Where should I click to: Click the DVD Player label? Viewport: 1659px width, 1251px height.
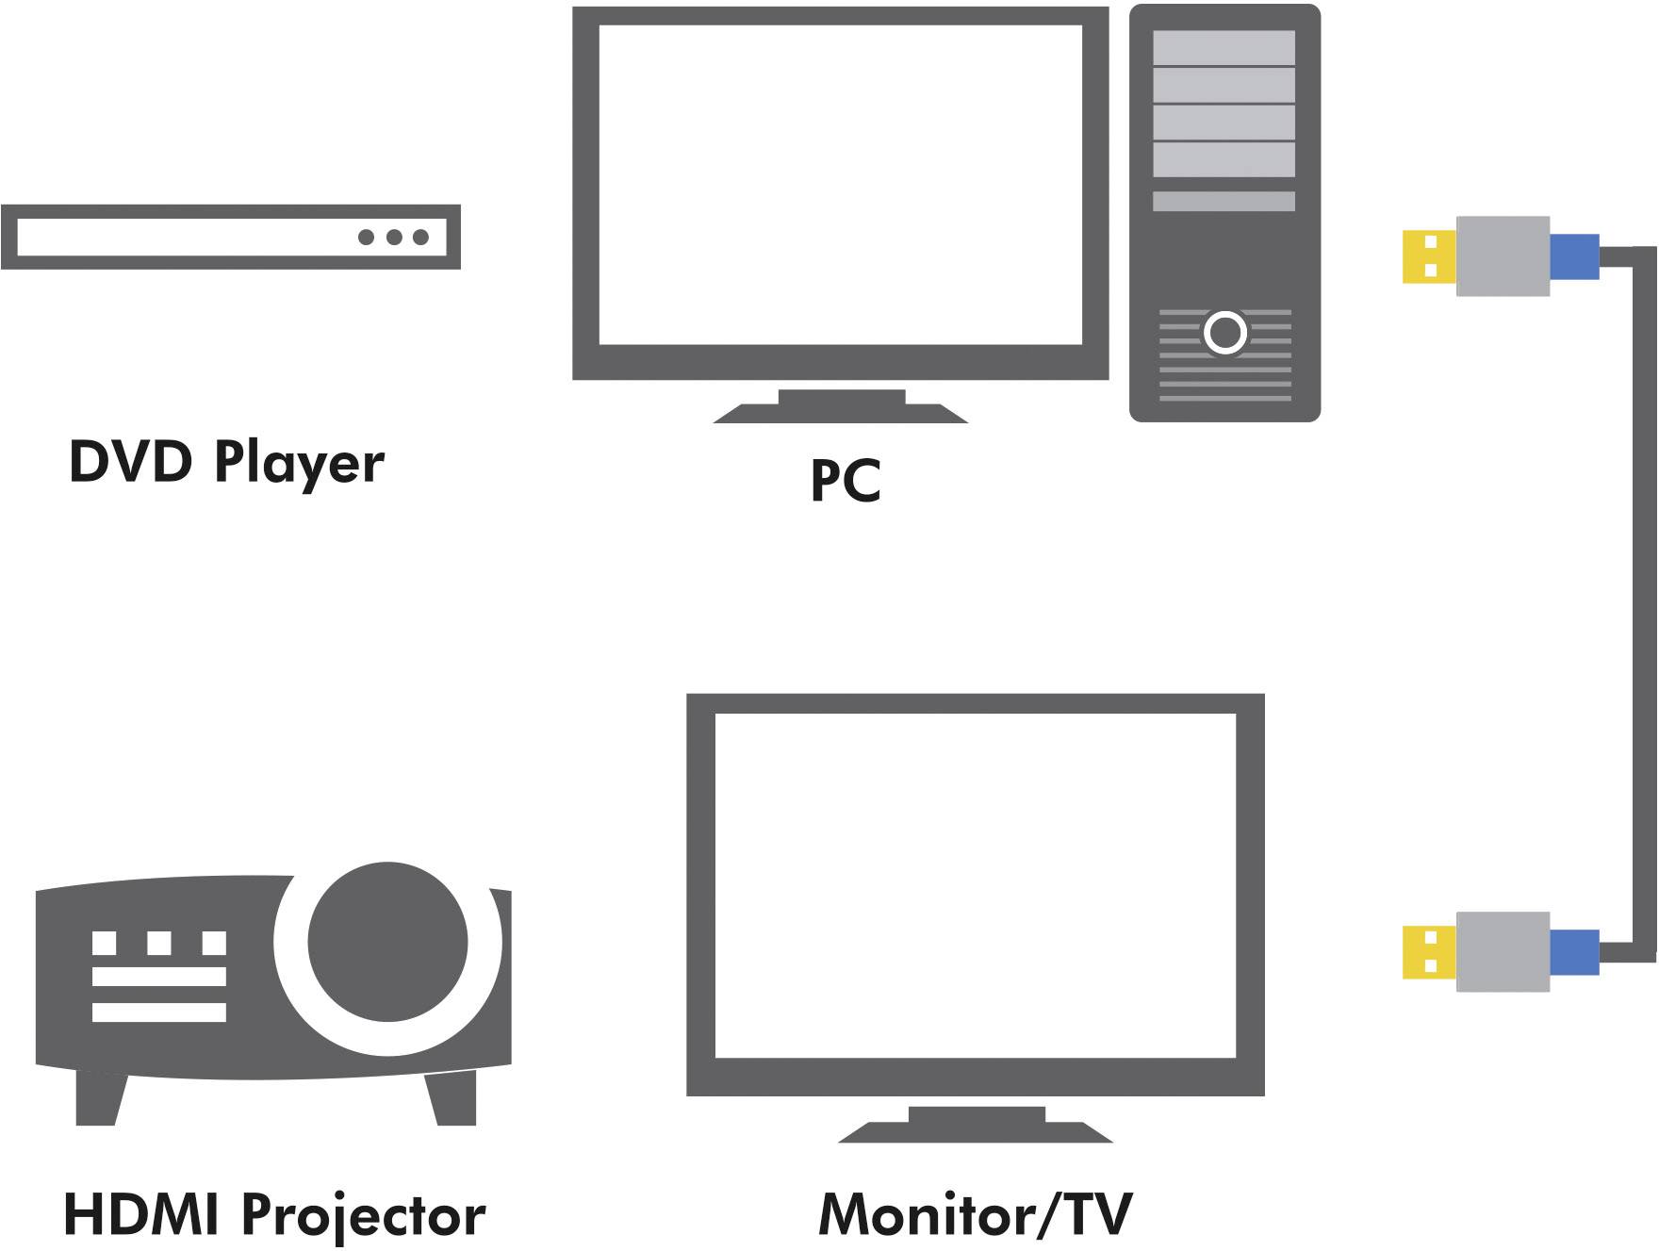[x=226, y=463]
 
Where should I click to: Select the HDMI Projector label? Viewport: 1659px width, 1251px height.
[x=273, y=1215]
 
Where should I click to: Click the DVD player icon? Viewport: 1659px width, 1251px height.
[x=230, y=237]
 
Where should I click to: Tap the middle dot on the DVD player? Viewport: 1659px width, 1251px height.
[x=394, y=237]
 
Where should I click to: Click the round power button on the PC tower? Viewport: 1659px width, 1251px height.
[x=1225, y=332]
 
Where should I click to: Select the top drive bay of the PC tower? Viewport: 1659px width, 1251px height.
[x=1224, y=48]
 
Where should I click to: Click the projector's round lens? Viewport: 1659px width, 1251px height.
[x=387, y=942]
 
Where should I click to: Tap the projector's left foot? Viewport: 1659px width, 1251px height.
[x=98, y=1098]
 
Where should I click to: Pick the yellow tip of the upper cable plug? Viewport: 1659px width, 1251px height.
[x=1429, y=255]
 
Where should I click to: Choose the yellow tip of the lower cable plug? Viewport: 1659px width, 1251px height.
[x=1429, y=951]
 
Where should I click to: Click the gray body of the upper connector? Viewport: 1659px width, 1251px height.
[x=1503, y=255]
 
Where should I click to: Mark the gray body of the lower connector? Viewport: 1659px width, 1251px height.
[x=1503, y=951]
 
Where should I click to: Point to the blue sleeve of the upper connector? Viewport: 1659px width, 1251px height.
[x=1574, y=256]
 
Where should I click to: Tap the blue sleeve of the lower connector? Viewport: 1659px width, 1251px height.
[x=1574, y=952]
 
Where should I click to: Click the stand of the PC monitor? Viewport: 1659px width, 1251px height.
[x=841, y=406]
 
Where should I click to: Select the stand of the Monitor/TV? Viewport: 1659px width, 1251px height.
[x=976, y=1125]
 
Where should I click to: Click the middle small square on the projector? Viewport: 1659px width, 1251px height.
[x=159, y=943]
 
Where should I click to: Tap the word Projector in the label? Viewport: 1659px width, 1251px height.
[x=364, y=1215]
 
